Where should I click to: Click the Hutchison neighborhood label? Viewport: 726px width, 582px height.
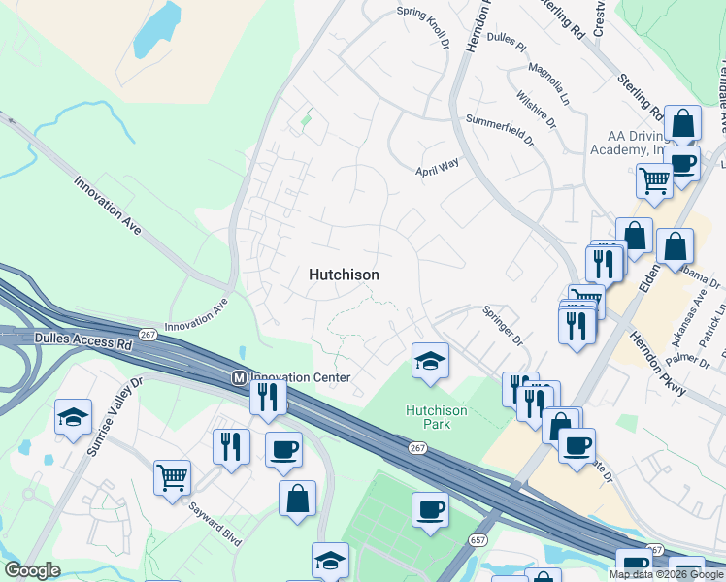pos(344,275)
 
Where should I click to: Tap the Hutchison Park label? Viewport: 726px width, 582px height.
pos(436,417)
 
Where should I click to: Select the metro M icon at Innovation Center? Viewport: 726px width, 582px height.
pos(237,376)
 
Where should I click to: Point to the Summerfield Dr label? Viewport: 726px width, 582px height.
pos(500,129)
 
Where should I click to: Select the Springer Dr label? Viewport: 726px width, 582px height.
pos(504,327)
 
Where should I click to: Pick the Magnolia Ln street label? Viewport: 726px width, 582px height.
pos(548,83)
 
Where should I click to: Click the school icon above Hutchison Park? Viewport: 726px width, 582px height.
pos(430,362)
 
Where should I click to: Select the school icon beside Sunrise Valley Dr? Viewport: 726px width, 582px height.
pos(73,418)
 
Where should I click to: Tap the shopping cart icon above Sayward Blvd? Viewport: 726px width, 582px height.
pos(172,477)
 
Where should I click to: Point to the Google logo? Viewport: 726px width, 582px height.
pos(32,570)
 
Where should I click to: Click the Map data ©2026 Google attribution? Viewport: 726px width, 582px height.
pos(666,574)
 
